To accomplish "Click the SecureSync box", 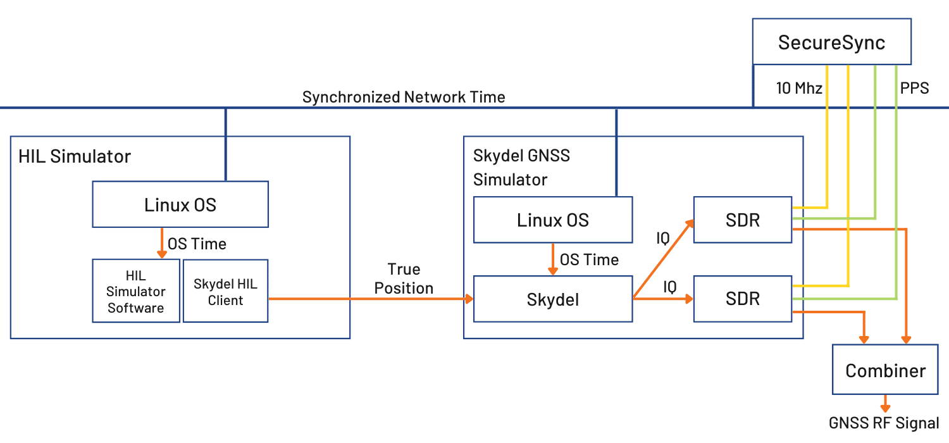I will point(831,42).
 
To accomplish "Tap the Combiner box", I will point(884,370).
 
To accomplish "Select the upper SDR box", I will point(742,220).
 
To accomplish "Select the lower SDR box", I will point(742,298).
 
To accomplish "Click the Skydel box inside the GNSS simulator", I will point(552,299).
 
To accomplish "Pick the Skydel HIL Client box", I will point(225,292).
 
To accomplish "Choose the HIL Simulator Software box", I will point(136,292).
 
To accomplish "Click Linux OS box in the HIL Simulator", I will point(180,204).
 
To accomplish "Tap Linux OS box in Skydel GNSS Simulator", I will point(552,220).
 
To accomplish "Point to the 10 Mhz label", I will point(799,89).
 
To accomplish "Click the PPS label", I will point(914,89).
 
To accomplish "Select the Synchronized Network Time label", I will point(404,97).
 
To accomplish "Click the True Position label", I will point(404,278).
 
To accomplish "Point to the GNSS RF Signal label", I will point(884,423).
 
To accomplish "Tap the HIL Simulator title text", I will point(74,156).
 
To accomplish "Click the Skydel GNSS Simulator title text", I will point(512,167).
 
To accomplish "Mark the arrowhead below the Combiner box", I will point(885,407).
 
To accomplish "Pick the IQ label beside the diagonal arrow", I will point(662,239).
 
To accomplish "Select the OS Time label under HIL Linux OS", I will point(197,244).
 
